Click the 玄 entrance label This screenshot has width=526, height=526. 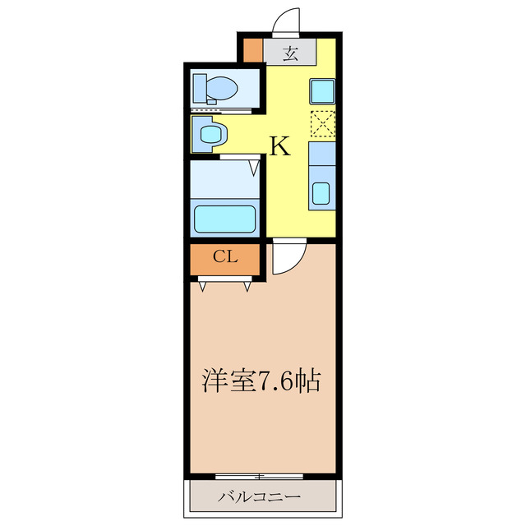(290, 54)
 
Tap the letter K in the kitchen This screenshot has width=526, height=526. (279, 146)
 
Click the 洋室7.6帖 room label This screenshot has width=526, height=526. (261, 381)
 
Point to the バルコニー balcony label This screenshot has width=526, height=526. (260, 497)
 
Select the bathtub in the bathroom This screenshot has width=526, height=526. (224, 219)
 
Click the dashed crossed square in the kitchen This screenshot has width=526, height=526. (322, 123)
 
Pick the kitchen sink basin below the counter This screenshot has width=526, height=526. (321, 194)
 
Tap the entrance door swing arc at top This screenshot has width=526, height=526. (287, 21)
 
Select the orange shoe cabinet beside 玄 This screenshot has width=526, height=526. (252, 51)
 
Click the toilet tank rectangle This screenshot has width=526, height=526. (201, 86)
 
